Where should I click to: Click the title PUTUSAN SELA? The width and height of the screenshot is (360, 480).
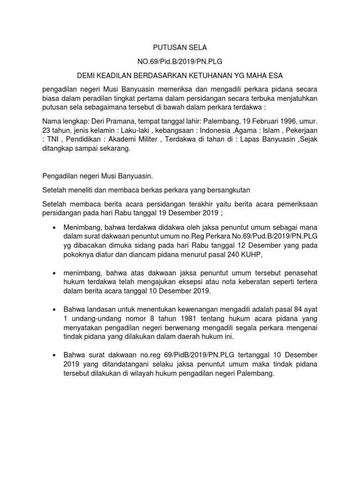click(180, 48)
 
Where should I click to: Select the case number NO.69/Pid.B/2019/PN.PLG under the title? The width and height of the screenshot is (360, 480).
click(180, 62)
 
